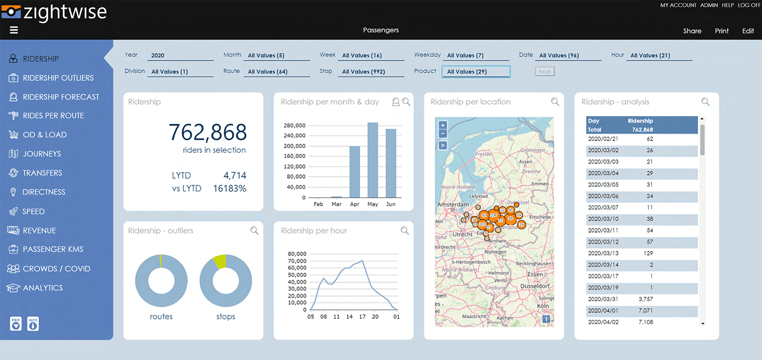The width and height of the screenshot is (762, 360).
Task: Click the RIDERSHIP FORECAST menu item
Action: (x=61, y=97)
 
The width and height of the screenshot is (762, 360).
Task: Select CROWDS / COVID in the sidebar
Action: (x=56, y=269)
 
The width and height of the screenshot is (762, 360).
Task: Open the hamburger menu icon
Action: (x=14, y=30)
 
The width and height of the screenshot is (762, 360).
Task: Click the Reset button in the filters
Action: (x=545, y=72)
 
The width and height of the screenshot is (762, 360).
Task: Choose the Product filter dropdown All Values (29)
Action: (x=475, y=72)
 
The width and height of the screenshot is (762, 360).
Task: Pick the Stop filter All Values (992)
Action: (x=372, y=72)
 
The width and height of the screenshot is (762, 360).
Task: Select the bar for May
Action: (x=373, y=160)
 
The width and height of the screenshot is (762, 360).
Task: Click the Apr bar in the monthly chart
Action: (x=355, y=172)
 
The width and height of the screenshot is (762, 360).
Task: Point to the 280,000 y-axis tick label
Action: (x=295, y=125)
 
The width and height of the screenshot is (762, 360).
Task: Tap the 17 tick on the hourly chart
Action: (x=362, y=317)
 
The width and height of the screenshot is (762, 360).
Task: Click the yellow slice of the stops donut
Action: (x=219, y=261)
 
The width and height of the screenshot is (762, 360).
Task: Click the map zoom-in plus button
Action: (x=442, y=125)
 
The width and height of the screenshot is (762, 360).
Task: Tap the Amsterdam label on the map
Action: (x=452, y=205)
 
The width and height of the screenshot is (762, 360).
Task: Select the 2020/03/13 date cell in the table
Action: (x=603, y=253)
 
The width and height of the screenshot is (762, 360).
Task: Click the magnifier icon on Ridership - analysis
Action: (x=705, y=102)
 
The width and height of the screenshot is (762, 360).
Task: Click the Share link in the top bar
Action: (x=692, y=31)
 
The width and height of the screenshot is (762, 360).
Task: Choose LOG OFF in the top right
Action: (x=749, y=5)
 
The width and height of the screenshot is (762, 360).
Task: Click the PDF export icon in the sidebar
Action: (x=16, y=323)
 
